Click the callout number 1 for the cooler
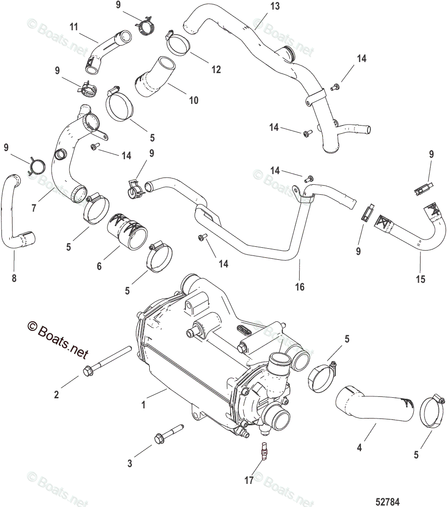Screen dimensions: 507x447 (144, 406)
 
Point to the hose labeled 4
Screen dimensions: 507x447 (374, 404)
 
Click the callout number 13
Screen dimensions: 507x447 (275, 6)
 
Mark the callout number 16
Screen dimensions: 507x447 (300, 287)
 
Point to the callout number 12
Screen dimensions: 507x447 (216, 70)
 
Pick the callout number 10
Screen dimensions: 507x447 (193, 101)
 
